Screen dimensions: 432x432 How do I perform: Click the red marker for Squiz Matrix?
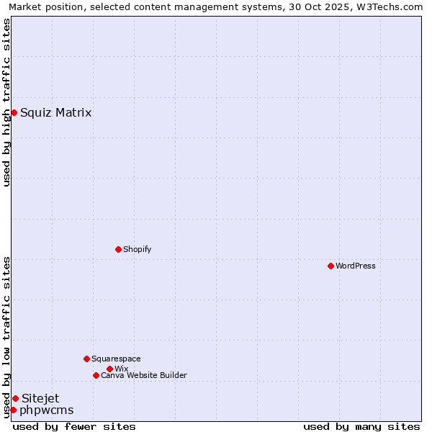pos(14,112)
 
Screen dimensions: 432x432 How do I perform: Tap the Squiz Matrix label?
pos(56,112)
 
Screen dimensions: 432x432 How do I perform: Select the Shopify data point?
pos(118,249)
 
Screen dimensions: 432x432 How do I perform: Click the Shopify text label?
pos(138,249)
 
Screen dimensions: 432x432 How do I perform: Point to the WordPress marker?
pos(330,266)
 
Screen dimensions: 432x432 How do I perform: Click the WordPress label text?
pos(356,266)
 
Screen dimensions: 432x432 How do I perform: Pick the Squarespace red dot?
pos(86,359)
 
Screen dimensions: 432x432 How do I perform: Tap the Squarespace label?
pos(116,359)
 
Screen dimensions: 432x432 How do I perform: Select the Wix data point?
pos(109,369)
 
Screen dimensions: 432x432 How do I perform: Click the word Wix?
pos(121,369)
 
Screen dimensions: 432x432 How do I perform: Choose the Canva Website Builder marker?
pos(96,375)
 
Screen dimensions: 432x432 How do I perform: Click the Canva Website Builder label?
pos(144,375)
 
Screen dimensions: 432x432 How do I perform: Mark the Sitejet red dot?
pos(15,398)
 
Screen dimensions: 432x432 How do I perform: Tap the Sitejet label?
pos(40,398)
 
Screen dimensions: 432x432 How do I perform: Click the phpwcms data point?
pos(13,410)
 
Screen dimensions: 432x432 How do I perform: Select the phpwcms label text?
pos(47,410)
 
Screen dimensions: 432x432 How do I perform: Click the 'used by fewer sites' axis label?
pos(74,426)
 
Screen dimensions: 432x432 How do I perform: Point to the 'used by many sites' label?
pos(361,426)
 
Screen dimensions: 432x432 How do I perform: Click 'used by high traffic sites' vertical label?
pos(6,102)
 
